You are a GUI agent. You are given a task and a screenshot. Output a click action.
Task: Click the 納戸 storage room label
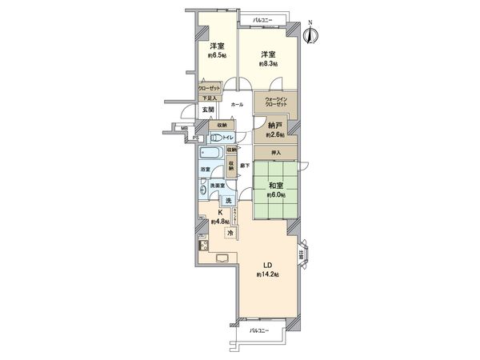(x=274, y=126)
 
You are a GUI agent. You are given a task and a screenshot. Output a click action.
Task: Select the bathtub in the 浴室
(x=214, y=153)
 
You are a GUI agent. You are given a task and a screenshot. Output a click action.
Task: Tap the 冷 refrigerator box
(x=230, y=233)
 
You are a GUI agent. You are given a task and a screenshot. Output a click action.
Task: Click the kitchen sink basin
(x=222, y=257)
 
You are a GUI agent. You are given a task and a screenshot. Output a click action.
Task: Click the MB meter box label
(x=183, y=127)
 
